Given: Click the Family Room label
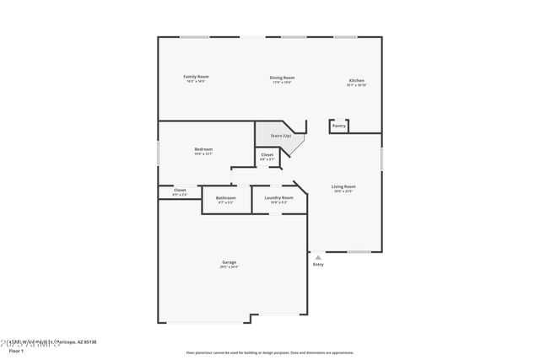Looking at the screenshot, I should [196, 77].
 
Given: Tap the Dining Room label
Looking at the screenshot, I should [282, 78].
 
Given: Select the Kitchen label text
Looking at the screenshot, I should [356, 81].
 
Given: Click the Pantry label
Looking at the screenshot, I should [338, 126].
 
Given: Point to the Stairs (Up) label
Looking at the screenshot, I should [281, 136].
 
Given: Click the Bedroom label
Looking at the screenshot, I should [203, 149].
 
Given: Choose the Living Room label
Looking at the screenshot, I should [343, 186].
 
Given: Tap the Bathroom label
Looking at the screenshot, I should [225, 198].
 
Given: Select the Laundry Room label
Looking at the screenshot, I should [278, 198].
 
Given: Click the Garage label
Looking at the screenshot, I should [229, 262].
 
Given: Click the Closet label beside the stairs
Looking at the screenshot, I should [267, 155].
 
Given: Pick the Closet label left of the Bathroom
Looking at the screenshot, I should [180, 191].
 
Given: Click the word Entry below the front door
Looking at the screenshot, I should [318, 265].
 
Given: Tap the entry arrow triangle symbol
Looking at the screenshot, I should [317, 256].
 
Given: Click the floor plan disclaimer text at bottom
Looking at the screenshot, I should [269, 352].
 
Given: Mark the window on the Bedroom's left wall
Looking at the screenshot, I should [159, 153].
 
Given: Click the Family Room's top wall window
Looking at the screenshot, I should [195, 36].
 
